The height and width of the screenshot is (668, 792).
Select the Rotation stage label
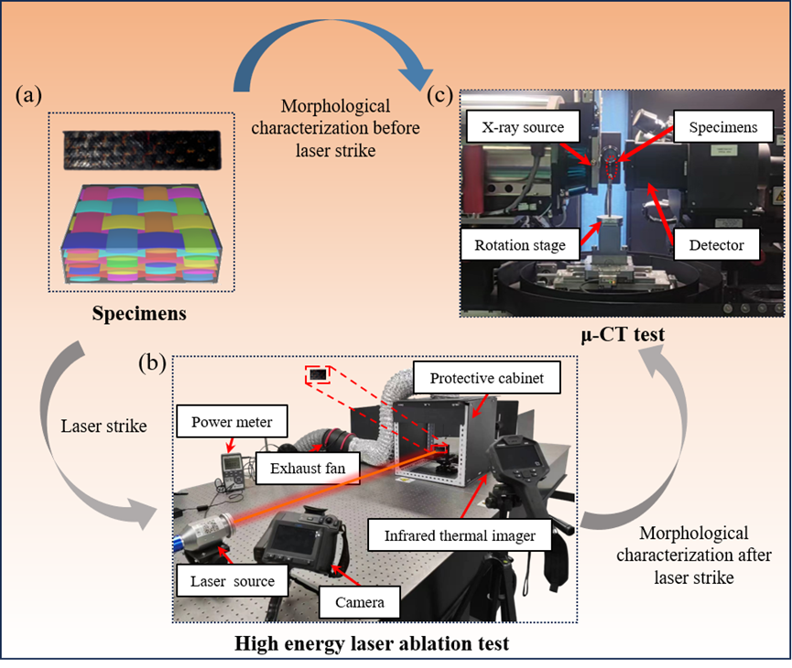(519, 245)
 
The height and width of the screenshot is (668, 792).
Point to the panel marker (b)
(152, 363)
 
